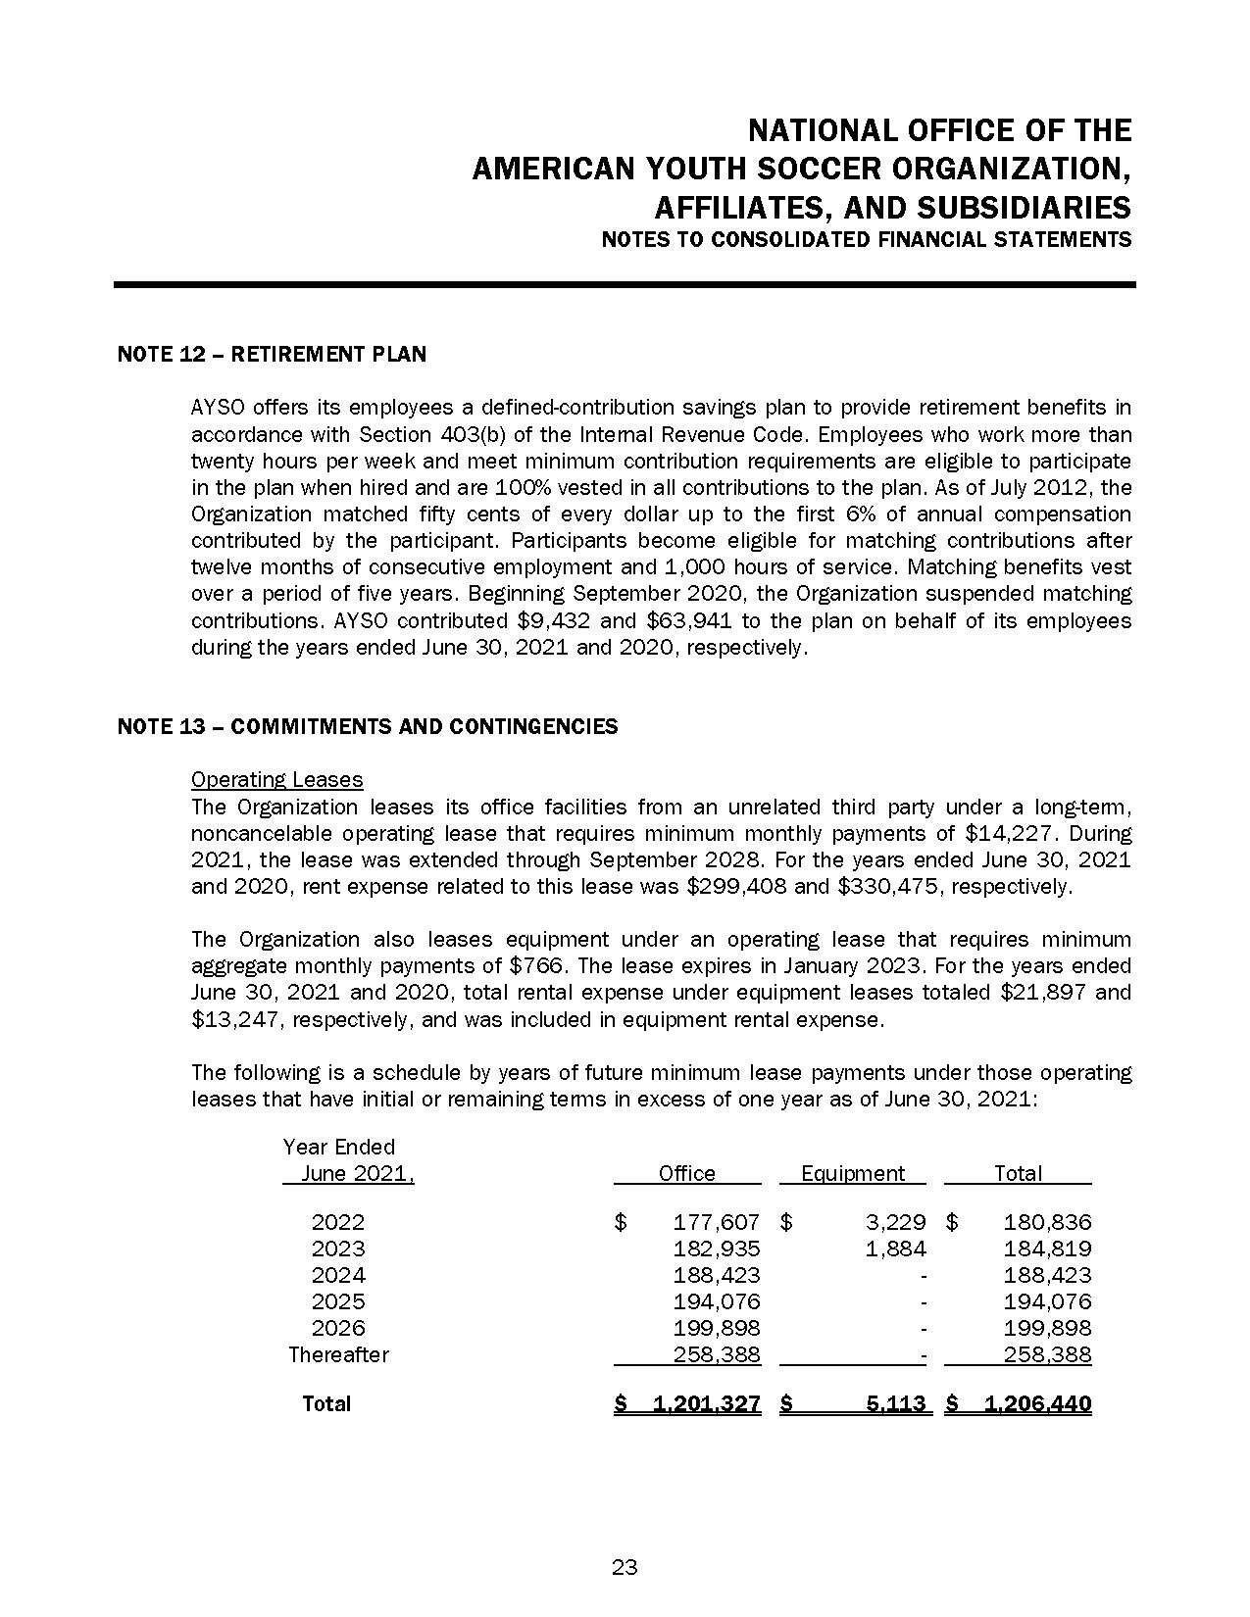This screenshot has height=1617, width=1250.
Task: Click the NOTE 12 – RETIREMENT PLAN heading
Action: [272, 354]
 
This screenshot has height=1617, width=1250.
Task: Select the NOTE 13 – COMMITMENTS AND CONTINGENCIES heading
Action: [368, 726]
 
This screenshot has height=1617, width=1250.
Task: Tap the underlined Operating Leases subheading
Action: [276, 780]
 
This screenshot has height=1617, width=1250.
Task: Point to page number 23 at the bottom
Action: [625, 1567]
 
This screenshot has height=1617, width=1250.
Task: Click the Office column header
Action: [686, 1173]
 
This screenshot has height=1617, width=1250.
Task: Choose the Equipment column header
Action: [853, 1173]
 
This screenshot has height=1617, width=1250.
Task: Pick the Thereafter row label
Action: [338, 1354]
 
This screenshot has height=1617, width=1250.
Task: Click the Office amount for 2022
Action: [716, 1222]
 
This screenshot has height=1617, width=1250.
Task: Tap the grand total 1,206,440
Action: [1036, 1403]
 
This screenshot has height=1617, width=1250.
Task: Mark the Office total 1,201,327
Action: [706, 1403]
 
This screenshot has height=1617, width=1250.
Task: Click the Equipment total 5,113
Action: [896, 1403]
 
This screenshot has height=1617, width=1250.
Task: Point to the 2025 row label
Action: [338, 1301]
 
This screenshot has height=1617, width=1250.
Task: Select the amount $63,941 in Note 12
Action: [695, 621]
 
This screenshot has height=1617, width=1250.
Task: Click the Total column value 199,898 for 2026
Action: [1047, 1328]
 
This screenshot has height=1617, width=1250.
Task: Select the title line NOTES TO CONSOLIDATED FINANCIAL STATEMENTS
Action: [866, 240]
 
